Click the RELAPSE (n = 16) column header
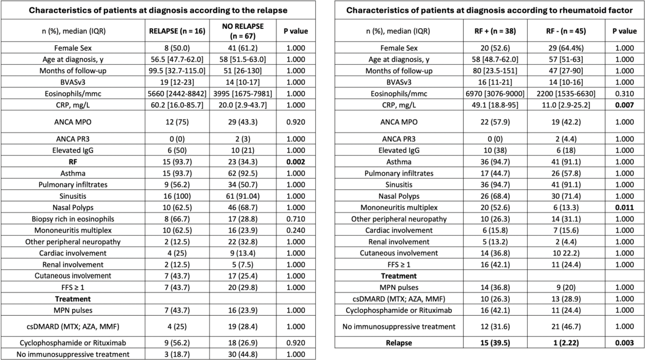[x=177, y=31]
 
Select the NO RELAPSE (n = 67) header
[x=243, y=31]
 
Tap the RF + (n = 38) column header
[x=495, y=31]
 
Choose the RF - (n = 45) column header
[x=566, y=31]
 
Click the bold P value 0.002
[x=296, y=162]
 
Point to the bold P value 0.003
[x=624, y=343]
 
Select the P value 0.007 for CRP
[x=624, y=105]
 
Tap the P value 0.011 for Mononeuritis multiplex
[x=624, y=207]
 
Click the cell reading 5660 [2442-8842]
[x=177, y=94]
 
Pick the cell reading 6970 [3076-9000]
[x=495, y=94]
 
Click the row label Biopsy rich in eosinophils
[x=73, y=219]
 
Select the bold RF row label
[x=73, y=162]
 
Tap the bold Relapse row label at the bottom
[x=399, y=343]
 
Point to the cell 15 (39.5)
[x=495, y=343]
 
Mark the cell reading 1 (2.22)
[x=566, y=343]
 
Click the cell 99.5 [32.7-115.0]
[x=177, y=71]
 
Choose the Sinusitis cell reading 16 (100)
[x=177, y=196]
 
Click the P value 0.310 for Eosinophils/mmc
[x=624, y=94]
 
